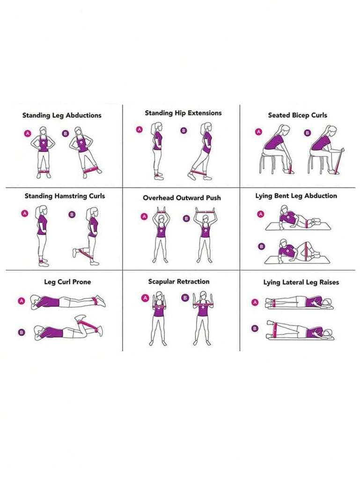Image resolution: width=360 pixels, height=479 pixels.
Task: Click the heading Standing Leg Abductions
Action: pyautogui.click(x=62, y=116)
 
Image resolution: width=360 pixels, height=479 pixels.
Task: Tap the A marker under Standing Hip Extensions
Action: pyautogui.click(x=140, y=130)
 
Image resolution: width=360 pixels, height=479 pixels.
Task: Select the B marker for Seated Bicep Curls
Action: pyautogui.click(x=308, y=133)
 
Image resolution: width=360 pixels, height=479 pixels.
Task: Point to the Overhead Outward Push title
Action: pyautogui.click(x=182, y=198)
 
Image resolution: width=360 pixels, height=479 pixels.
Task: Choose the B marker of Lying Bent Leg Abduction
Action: pyautogui.click(x=261, y=246)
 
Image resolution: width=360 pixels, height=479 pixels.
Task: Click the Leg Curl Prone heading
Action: pyautogui.click(x=67, y=282)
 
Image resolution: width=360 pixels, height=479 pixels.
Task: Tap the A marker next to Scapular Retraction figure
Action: pyautogui.click(x=145, y=298)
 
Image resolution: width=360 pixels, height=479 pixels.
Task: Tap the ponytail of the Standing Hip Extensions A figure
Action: pyautogui.click(x=152, y=127)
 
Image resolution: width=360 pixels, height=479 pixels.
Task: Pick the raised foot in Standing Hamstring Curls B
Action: pyautogui.click(x=74, y=253)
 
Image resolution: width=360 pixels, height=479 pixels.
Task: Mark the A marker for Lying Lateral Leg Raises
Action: pyautogui.click(x=255, y=303)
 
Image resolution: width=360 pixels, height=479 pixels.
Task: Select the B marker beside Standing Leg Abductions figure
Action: pyautogui.click(x=65, y=133)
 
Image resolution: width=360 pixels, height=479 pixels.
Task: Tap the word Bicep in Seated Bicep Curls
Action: pyautogui.click(x=301, y=116)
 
